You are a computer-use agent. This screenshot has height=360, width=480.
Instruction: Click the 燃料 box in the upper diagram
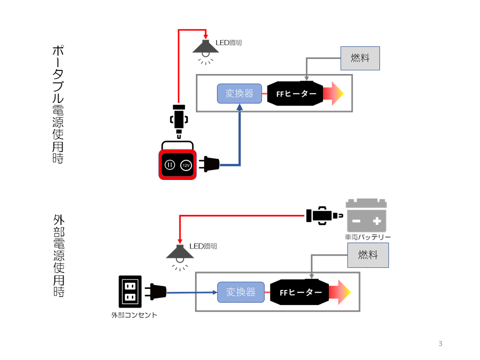click(360, 58)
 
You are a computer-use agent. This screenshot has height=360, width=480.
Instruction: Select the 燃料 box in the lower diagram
click(368, 255)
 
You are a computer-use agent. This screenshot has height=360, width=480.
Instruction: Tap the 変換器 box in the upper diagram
click(239, 93)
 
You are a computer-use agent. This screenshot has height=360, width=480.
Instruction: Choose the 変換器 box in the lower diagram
click(241, 292)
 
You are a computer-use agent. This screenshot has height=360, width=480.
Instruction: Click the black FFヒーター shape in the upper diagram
click(295, 93)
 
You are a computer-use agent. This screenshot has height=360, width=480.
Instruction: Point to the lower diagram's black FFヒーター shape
click(299, 292)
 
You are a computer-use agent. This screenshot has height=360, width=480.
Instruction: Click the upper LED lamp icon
click(205, 52)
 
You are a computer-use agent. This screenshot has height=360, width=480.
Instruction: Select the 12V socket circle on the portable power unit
click(186, 165)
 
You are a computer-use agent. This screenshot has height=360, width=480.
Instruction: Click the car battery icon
click(366, 215)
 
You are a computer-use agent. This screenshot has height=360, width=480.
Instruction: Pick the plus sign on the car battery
click(377, 220)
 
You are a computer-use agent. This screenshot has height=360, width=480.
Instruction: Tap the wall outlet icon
click(130, 291)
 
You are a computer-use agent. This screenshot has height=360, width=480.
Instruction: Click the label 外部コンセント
click(134, 315)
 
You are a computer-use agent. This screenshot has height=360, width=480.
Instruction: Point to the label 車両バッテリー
click(367, 237)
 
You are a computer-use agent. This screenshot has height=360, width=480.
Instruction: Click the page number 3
click(440, 343)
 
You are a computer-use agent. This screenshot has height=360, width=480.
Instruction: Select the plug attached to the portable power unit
click(209, 164)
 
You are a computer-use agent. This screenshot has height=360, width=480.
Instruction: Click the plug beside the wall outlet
click(155, 291)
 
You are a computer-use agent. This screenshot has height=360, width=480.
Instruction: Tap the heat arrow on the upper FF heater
click(333, 93)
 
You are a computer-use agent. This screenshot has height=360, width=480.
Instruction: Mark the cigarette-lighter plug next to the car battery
click(324, 215)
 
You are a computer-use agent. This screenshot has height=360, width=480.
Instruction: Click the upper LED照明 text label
click(228, 42)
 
